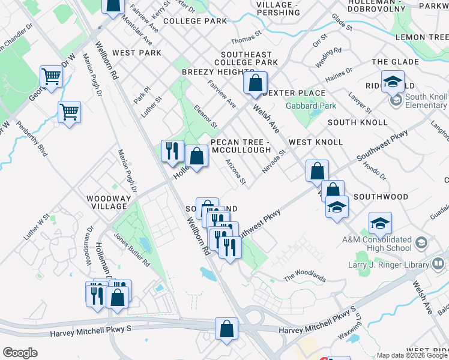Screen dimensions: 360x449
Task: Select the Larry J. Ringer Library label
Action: [384, 264]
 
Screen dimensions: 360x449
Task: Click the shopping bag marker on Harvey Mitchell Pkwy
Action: [226, 329]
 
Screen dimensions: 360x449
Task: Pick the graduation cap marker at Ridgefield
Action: [393, 83]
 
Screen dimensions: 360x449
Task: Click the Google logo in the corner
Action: [20, 353]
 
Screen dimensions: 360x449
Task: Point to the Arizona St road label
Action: [235, 172]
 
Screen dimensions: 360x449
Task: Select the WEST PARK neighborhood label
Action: [137, 53]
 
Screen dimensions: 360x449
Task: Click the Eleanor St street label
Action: [205, 116]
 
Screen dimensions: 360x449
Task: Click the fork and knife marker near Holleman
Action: [172, 151]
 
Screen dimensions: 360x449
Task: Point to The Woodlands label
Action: [304, 277]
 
